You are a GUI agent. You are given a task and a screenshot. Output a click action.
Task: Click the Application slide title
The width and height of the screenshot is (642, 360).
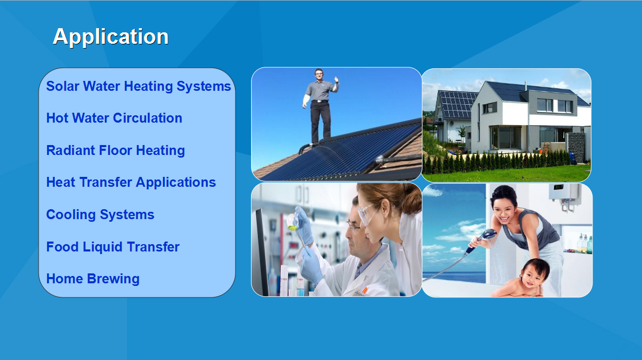point(111,37)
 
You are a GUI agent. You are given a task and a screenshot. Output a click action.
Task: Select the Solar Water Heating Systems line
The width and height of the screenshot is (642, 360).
point(138,86)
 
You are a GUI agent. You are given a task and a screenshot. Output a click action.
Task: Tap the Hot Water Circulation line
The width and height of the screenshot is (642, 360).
point(114,118)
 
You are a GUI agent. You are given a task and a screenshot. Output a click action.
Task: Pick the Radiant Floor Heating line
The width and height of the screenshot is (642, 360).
point(115,150)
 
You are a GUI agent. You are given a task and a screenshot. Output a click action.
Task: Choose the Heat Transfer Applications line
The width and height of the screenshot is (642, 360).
point(131,183)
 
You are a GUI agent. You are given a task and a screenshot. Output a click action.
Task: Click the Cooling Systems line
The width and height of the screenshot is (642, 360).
point(100,214)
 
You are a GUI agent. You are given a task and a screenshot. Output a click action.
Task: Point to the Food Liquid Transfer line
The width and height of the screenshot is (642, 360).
point(113,247)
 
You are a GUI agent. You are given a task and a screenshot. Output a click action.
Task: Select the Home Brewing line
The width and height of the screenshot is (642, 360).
point(93,279)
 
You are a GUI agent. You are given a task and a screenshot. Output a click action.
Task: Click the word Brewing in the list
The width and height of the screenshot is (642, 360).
point(113,279)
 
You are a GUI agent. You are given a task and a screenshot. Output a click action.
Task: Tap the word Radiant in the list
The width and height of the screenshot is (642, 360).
point(70,150)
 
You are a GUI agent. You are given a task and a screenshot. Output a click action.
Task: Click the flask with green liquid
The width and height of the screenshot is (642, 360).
point(293,222)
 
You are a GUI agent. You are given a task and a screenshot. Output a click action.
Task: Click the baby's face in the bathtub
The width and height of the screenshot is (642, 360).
point(533,276)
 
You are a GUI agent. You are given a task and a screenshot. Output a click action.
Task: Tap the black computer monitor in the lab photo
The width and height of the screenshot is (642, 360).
point(262,252)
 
